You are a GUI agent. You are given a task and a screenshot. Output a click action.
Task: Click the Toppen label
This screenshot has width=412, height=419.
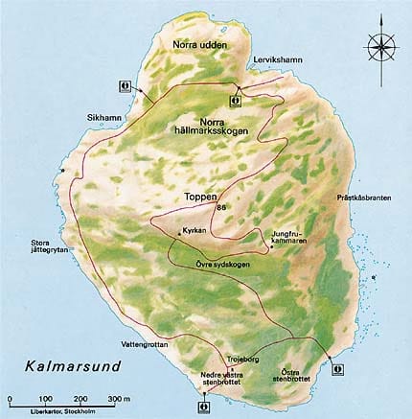200,198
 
